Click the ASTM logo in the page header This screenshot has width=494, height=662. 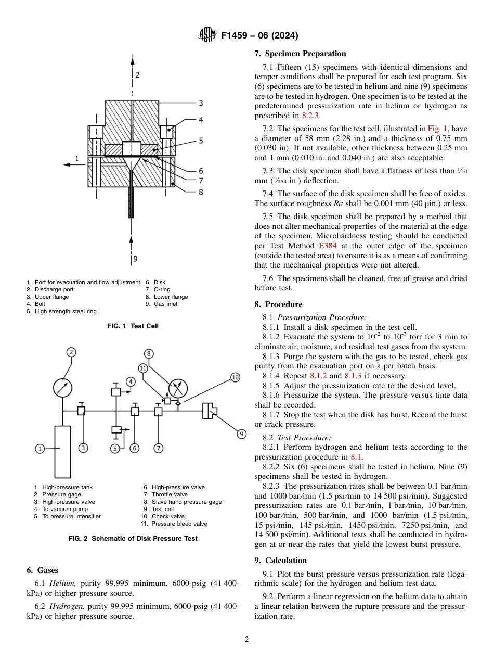(207, 35)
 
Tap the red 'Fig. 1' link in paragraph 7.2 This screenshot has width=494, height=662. (436, 129)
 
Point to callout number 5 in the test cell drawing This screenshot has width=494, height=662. (200, 141)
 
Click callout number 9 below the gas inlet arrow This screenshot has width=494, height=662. (135, 258)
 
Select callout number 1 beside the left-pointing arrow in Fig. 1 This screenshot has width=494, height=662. (76, 158)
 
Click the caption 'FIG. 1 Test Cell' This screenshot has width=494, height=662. (133, 326)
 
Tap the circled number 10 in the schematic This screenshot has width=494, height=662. (235, 377)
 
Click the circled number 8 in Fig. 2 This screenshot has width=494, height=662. (149, 354)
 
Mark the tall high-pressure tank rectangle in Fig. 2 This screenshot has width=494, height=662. (62, 451)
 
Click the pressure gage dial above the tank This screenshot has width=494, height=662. (63, 387)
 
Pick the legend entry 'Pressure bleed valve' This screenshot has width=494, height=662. (179, 524)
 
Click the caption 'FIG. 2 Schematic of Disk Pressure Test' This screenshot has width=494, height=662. (133, 539)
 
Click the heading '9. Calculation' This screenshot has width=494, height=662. (280, 561)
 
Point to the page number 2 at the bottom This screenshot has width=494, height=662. (247, 640)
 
